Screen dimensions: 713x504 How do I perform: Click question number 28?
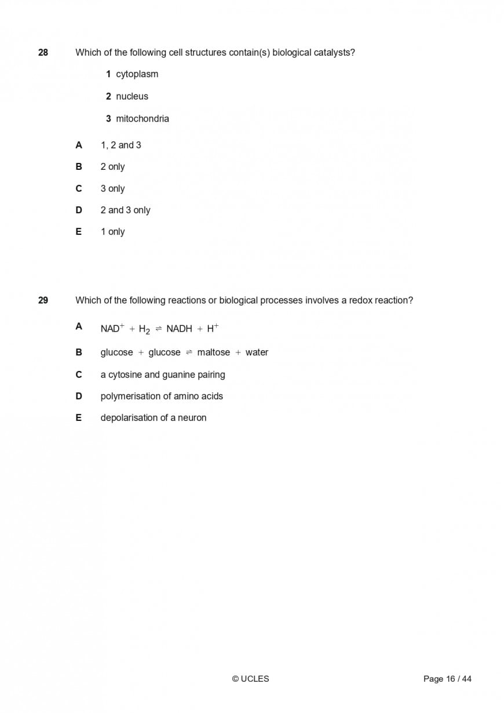(x=43, y=53)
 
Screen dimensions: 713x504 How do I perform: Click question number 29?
(x=43, y=300)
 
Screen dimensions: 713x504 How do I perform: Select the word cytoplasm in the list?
(x=137, y=74)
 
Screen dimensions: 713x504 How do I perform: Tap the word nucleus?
(x=132, y=96)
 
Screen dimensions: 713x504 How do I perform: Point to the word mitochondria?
(x=143, y=119)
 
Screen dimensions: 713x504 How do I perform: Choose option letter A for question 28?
(x=79, y=145)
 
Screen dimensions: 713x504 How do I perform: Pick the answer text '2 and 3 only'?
(x=125, y=210)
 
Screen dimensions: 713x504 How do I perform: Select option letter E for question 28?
(x=79, y=231)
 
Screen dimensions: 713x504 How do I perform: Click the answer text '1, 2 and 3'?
(x=120, y=145)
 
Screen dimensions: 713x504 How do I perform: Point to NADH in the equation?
(x=179, y=329)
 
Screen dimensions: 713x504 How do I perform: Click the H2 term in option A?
(x=144, y=329)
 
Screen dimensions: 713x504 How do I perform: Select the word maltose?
(x=213, y=352)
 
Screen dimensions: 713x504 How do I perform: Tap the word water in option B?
(x=257, y=352)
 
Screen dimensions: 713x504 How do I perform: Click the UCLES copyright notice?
(x=250, y=679)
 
